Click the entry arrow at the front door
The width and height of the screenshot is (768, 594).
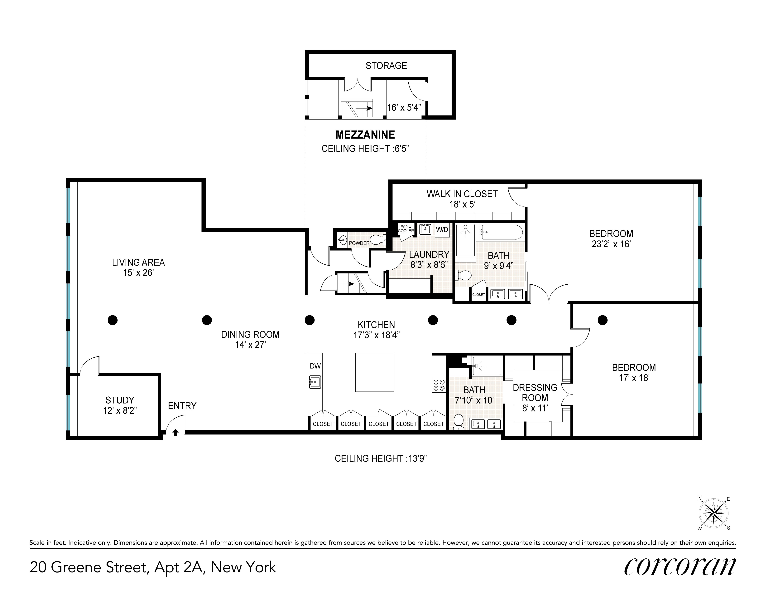[175, 432]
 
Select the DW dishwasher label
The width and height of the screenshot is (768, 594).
[315, 366]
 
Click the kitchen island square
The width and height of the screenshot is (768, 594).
[375, 372]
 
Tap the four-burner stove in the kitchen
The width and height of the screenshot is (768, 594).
[439, 385]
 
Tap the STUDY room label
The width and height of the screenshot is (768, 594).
[120, 400]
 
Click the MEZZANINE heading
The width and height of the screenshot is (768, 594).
[365, 135]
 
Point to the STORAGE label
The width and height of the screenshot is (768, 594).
[386, 66]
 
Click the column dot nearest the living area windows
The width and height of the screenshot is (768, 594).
[113, 320]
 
